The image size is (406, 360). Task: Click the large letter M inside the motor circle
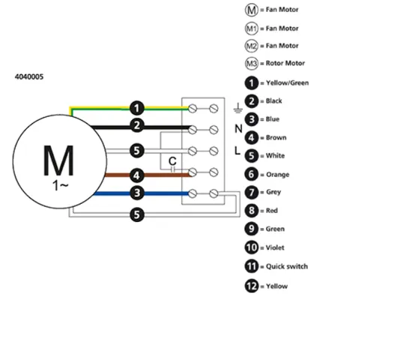click(x=58, y=160)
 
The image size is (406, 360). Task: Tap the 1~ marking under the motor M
click(x=61, y=185)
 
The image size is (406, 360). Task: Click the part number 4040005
click(x=29, y=77)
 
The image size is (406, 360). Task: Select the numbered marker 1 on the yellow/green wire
click(x=137, y=108)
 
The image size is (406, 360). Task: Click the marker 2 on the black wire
click(x=137, y=126)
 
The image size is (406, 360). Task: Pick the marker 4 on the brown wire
click(x=137, y=175)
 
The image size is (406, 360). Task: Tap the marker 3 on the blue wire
click(x=137, y=193)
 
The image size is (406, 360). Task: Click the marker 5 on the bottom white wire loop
click(x=137, y=214)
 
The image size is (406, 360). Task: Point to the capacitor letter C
click(x=172, y=161)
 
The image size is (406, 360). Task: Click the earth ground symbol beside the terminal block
click(x=238, y=108)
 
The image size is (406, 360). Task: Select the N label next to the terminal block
click(x=238, y=129)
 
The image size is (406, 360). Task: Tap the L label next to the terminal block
click(x=237, y=150)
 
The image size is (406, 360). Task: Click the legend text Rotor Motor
click(x=285, y=63)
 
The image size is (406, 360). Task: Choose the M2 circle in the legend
click(x=252, y=46)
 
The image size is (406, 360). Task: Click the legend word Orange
click(x=278, y=175)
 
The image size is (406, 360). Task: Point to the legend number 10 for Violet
click(x=252, y=247)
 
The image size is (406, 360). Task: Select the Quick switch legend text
click(x=287, y=266)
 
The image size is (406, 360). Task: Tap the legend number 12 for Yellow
click(x=252, y=286)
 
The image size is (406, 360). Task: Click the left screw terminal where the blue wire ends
click(x=193, y=193)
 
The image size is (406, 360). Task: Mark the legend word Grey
click(x=273, y=192)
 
